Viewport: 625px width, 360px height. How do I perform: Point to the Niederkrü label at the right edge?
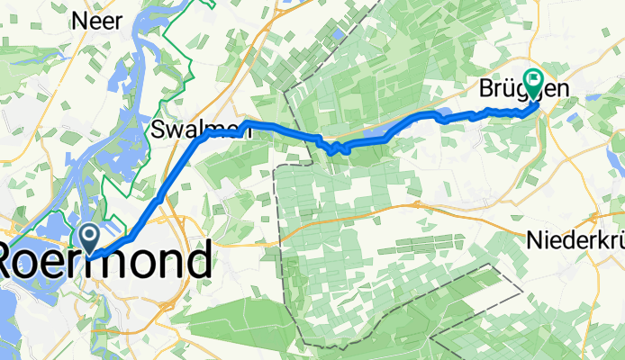[x=575, y=241]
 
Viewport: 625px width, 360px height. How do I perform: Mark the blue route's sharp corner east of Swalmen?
[x=245, y=122]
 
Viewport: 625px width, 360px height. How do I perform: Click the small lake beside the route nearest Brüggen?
[x=446, y=113]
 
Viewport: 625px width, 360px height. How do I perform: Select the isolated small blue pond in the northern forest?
[x=337, y=34]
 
